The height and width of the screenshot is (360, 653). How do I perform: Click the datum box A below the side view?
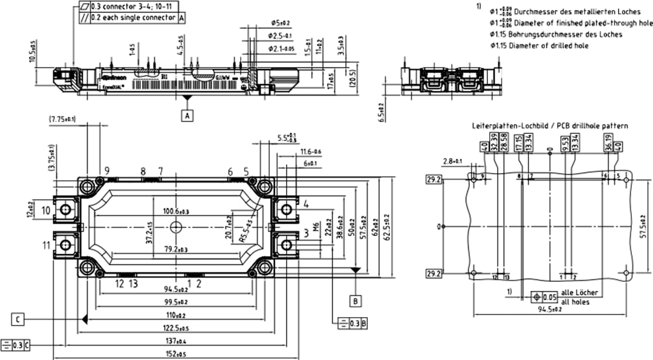[188, 115]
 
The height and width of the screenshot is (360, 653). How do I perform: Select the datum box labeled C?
[19, 318]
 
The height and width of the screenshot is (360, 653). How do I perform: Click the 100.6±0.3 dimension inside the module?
[176, 211]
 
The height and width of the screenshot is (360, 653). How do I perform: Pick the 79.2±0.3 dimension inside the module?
[176, 249]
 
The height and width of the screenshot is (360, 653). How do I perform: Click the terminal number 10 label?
[47, 210]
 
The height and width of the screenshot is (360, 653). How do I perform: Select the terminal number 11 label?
[47, 245]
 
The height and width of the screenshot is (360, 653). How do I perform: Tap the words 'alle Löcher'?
[580, 293]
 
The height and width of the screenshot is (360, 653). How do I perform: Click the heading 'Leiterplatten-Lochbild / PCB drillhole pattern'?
[550, 126]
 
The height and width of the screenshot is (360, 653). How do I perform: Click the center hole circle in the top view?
[176, 227]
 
